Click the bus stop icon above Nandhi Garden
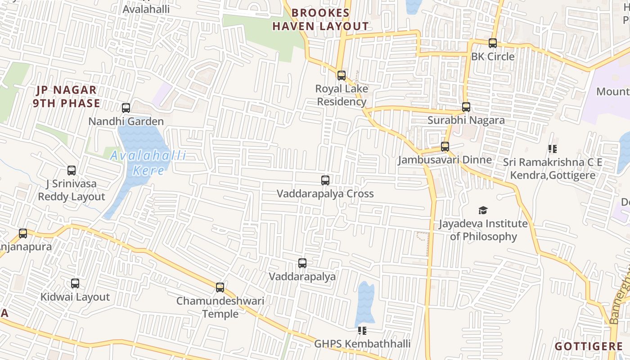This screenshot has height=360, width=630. (x=126, y=108)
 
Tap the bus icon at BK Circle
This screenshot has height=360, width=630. (x=493, y=43)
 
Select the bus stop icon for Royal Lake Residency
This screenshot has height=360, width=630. (x=342, y=76)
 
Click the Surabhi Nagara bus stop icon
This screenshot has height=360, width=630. (x=466, y=107)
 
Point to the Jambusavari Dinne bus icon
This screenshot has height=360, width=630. (x=445, y=147)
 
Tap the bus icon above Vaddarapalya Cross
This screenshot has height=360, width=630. (x=325, y=180)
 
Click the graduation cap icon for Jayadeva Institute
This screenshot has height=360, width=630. (x=483, y=210)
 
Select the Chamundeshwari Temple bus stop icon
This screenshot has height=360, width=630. (x=220, y=288)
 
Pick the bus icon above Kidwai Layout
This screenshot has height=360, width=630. (x=75, y=283)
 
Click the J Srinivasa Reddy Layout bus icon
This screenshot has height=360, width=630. (x=72, y=171)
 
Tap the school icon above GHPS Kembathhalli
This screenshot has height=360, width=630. (x=362, y=331)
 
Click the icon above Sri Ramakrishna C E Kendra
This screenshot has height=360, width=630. (x=553, y=149)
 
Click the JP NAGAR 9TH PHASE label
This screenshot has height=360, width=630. (x=67, y=97)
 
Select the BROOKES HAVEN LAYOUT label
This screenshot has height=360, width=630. (x=320, y=20)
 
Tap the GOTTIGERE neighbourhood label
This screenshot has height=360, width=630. (x=589, y=346)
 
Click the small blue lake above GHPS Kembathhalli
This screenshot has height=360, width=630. (x=365, y=304)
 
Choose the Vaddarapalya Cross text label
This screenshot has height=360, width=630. (x=325, y=194)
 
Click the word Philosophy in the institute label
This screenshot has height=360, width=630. (x=490, y=236)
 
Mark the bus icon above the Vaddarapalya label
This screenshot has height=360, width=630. (x=302, y=263)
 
